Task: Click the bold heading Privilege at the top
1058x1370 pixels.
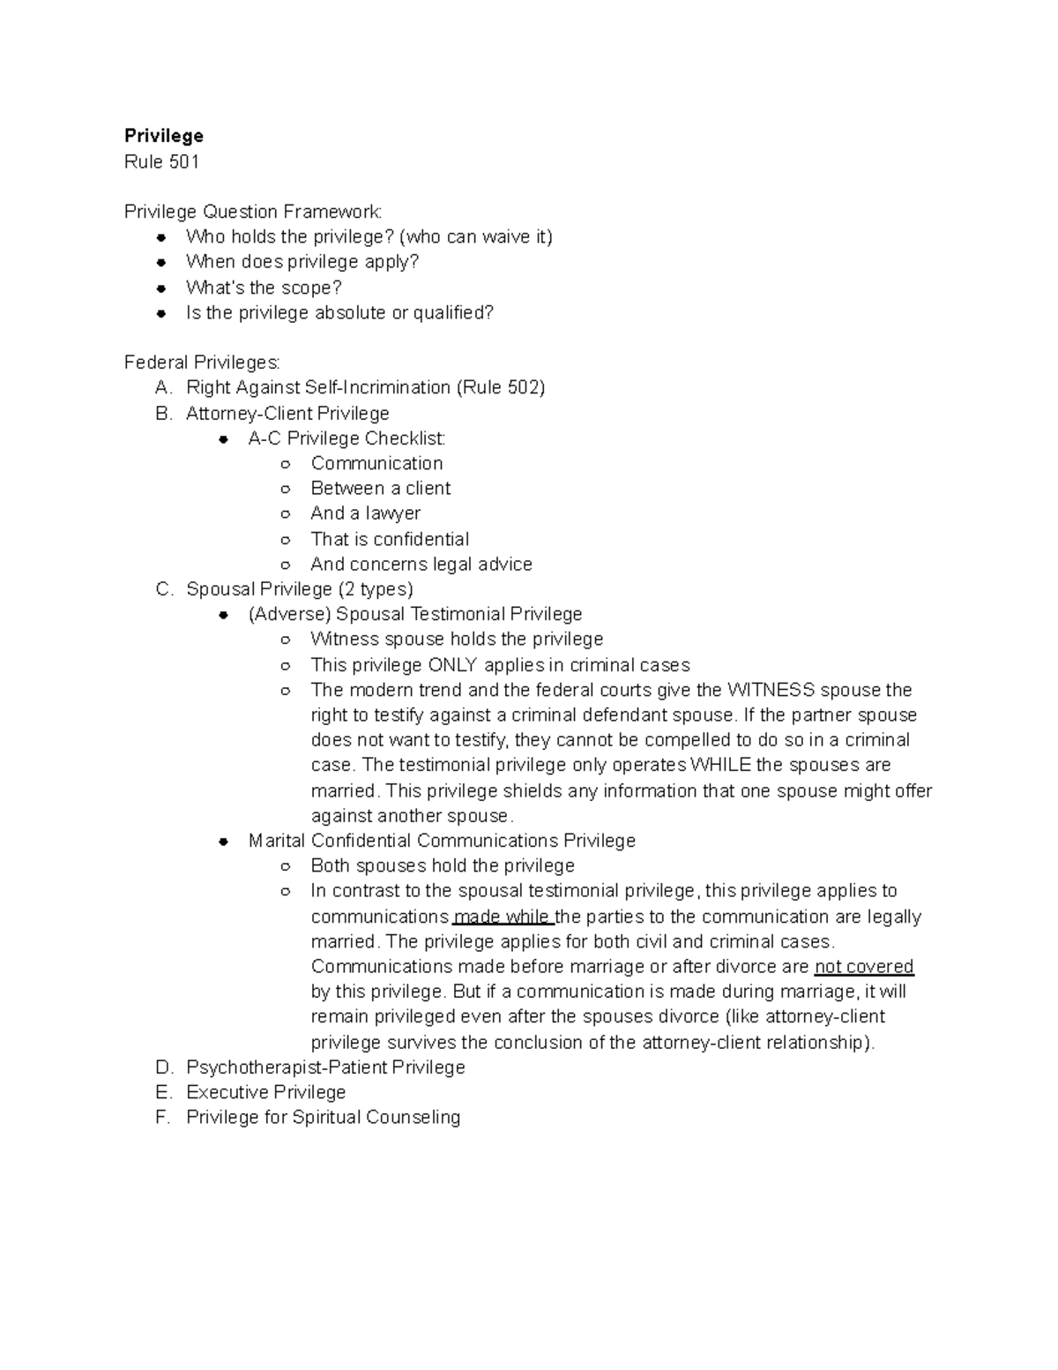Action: point(163,136)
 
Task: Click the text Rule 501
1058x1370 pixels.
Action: point(161,161)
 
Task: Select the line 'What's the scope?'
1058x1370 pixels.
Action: point(263,288)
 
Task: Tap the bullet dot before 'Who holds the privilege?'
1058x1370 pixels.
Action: point(161,237)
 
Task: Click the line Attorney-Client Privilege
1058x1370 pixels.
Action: point(287,413)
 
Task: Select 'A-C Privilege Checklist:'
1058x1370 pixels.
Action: point(346,438)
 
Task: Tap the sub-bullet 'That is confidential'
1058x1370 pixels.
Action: point(389,539)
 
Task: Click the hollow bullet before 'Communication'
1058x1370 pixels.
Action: point(285,464)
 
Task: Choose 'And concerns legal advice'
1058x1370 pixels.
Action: point(421,564)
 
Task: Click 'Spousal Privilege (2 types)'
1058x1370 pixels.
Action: point(299,588)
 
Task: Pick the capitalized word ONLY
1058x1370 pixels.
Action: point(451,665)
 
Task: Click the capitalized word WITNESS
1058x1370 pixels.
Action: point(771,690)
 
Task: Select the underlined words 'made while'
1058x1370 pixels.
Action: point(503,917)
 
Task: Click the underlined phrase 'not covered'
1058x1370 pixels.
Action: point(863,967)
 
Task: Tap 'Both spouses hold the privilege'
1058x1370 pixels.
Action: point(442,865)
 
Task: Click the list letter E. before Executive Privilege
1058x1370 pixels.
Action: point(162,1092)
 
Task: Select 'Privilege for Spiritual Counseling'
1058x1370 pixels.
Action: point(323,1117)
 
